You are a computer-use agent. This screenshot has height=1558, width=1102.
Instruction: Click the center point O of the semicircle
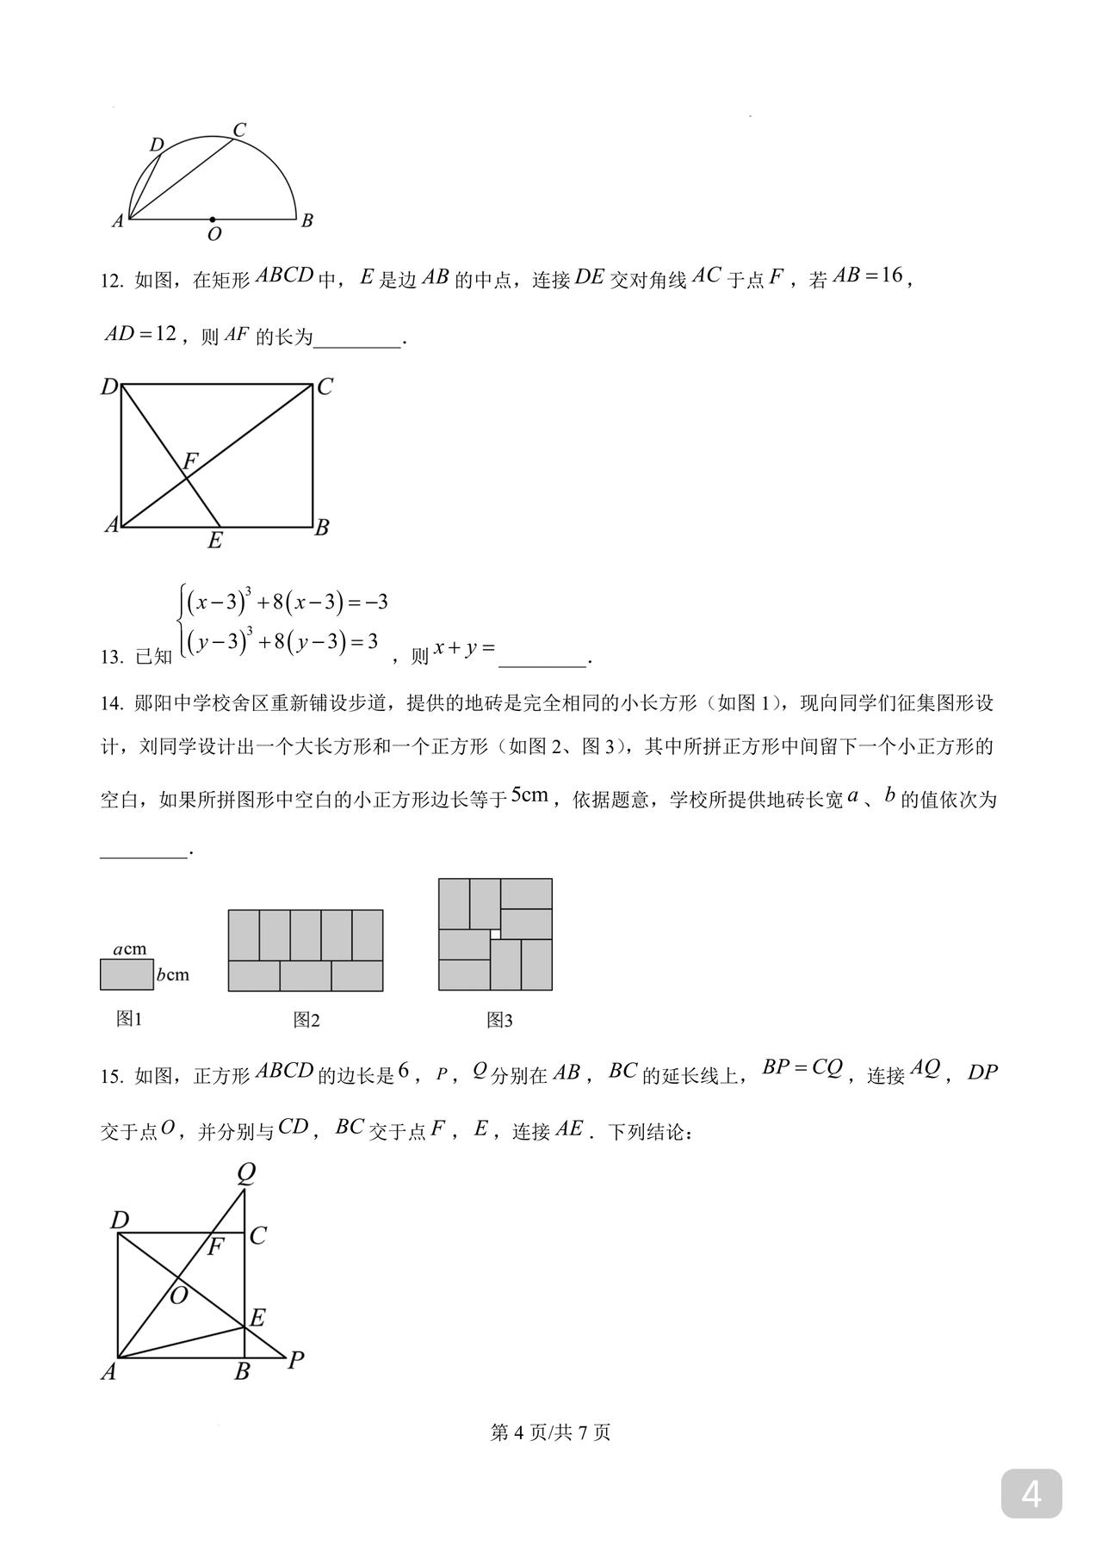pos(214,219)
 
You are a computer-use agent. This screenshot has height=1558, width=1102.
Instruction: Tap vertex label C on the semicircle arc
pos(240,130)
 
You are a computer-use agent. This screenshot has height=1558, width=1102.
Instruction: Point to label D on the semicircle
pos(157,145)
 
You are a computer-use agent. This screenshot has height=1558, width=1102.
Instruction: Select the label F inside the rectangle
pos(190,461)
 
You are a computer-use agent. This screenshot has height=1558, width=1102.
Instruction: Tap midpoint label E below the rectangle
pos(215,541)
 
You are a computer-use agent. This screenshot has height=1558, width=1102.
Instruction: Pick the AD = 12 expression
pos(140,334)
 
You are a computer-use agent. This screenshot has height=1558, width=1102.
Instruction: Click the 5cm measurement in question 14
pos(529,795)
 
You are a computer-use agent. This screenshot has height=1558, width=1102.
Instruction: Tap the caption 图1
pos(129,1019)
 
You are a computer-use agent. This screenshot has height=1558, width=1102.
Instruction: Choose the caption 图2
pos(306,1020)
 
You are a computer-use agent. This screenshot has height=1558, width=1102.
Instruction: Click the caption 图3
pos(499,1020)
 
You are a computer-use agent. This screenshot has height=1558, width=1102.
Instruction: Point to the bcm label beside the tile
pos(172,975)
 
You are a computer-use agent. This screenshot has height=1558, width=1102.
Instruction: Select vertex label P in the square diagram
pos(295,1360)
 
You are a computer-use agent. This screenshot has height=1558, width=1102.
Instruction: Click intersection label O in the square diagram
pos(178,1296)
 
